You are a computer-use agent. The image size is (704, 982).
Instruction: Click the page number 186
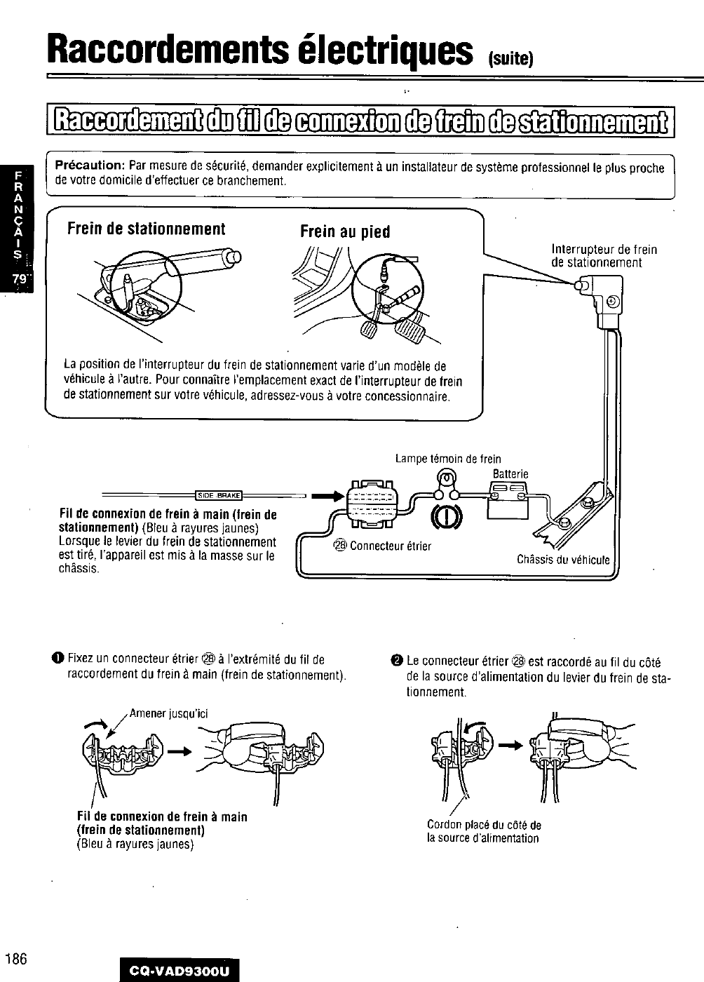(x=15, y=959)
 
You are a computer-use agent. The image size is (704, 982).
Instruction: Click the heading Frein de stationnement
(x=146, y=230)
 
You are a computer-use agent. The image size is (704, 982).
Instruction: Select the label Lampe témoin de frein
(x=448, y=459)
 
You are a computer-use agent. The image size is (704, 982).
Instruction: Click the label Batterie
(x=510, y=475)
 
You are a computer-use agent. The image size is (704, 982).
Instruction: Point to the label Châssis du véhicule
(x=563, y=560)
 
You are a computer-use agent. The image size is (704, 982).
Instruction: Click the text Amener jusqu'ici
(x=168, y=714)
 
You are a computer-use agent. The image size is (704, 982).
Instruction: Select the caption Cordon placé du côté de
(x=484, y=825)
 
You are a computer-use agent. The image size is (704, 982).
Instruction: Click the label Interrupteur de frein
(x=604, y=250)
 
